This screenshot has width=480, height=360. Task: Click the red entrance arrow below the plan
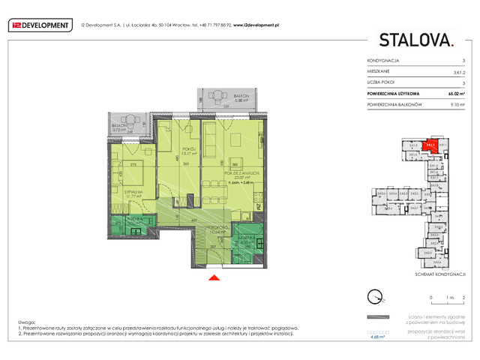point(214,280)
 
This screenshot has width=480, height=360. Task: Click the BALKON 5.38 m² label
point(241,98)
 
